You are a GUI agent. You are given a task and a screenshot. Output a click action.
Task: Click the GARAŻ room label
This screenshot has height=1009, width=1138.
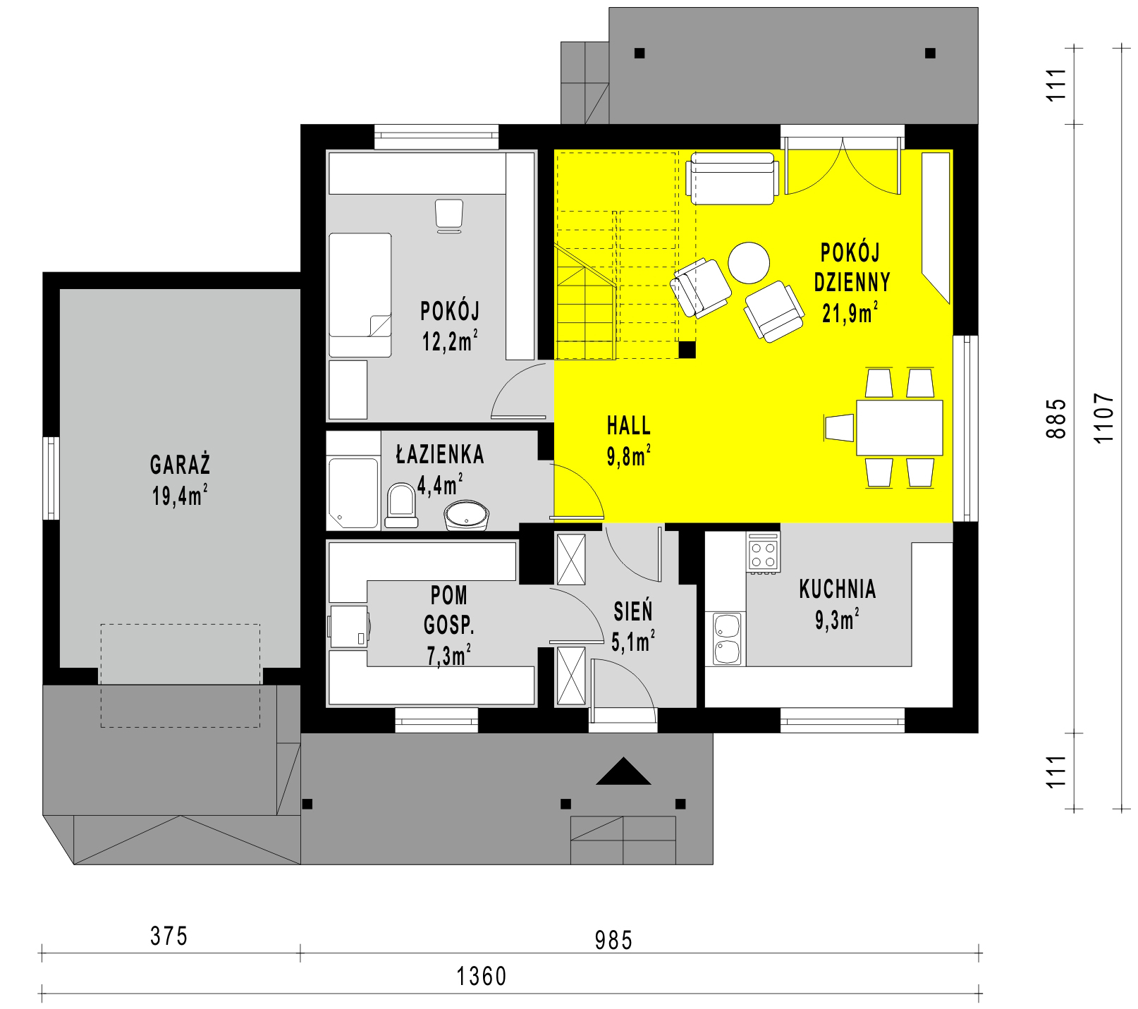pos(180,465)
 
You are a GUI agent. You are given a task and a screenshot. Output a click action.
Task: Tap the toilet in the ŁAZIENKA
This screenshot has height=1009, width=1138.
pos(401,505)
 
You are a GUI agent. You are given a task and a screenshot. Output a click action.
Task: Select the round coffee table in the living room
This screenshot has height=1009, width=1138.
pos(749,262)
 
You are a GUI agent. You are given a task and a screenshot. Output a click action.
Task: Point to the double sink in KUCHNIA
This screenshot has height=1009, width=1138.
pos(726,639)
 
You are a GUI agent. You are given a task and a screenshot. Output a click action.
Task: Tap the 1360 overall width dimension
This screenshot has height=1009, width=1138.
pos(482,977)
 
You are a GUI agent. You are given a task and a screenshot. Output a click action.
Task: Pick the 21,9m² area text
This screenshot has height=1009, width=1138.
pos(850,312)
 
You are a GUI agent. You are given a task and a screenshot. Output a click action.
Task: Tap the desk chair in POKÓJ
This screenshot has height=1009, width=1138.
pos(448,216)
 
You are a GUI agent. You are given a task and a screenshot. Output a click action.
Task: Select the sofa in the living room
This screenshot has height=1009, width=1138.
pos(733,178)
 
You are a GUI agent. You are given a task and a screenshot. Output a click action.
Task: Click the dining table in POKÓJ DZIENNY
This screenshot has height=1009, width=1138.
pos(900,427)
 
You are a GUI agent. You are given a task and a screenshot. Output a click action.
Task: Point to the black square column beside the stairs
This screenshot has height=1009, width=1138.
pos(687,350)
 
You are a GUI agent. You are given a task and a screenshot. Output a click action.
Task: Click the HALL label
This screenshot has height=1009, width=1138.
pos(629,426)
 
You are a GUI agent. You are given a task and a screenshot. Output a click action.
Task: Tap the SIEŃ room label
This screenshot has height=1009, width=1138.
pos(633,611)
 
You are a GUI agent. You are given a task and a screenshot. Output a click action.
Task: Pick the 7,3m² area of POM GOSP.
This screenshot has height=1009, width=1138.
pos(449,656)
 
